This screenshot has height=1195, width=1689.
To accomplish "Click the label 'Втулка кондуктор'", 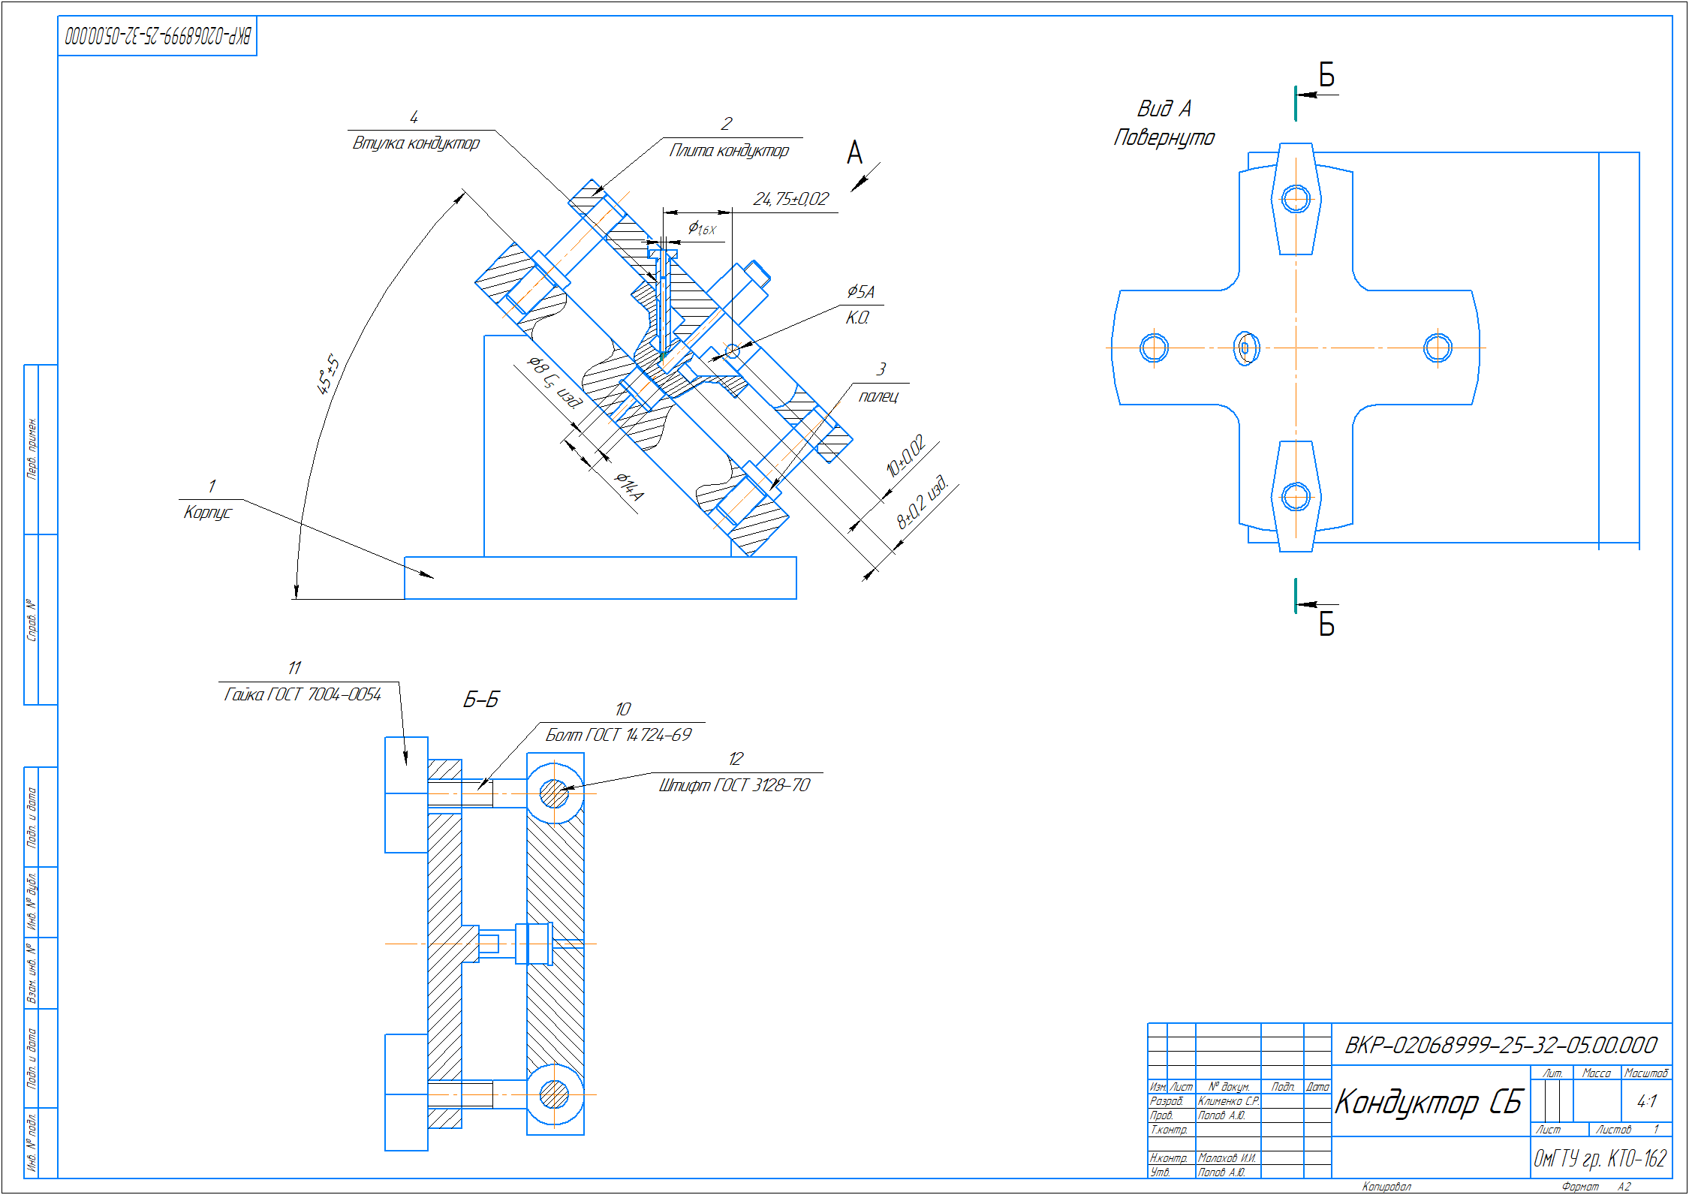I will pyautogui.click(x=416, y=143).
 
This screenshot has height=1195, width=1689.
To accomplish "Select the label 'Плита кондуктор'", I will pyautogui.click(x=729, y=151).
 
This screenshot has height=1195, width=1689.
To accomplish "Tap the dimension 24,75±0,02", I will pyautogui.click(x=790, y=199).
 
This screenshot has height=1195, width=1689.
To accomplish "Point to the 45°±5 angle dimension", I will pyautogui.click(x=327, y=375).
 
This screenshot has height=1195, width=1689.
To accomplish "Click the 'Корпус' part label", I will pyautogui.click(x=207, y=513).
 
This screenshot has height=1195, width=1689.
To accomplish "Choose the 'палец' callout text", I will pyautogui.click(x=878, y=396).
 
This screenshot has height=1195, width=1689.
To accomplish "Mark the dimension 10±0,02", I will pyautogui.click(x=905, y=456).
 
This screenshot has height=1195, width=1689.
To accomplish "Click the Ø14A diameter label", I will pyautogui.click(x=629, y=486).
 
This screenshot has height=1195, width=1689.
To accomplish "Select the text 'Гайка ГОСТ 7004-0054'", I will pyautogui.click(x=303, y=695).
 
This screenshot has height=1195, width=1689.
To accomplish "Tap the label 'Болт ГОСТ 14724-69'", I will pyautogui.click(x=619, y=736).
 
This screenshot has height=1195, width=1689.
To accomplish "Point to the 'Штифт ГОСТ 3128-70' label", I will pyautogui.click(x=734, y=786).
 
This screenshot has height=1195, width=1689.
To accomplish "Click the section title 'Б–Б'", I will pyautogui.click(x=480, y=700).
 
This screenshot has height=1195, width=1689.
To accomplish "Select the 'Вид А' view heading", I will pyautogui.click(x=1164, y=109).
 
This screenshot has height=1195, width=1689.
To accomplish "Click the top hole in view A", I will pyautogui.click(x=1296, y=199).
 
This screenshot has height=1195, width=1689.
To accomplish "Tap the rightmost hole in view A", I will pyautogui.click(x=1438, y=348).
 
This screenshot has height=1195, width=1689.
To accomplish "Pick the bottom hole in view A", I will pyautogui.click(x=1296, y=496).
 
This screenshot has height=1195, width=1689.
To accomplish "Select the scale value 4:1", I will pyautogui.click(x=1646, y=1101).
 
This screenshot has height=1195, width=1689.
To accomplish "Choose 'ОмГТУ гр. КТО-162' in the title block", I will pyautogui.click(x=1600, y=1158).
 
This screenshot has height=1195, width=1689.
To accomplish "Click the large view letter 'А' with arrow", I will pyautogui.click(x=854, y=153).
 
